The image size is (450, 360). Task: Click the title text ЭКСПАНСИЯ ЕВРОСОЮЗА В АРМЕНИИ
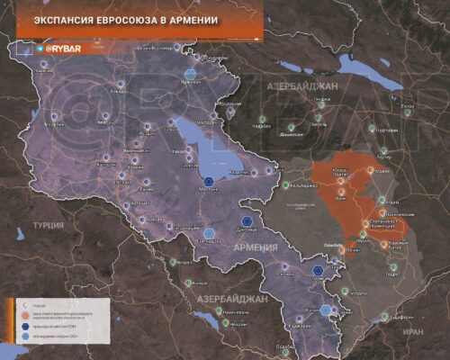click(x=126, y=19)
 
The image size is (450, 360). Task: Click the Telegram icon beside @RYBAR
click(x=40, y=49)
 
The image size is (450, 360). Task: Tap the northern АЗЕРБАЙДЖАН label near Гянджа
click(x=301, y=85)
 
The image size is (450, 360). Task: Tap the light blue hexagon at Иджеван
click(x=192, y=75)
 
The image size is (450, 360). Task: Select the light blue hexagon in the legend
click(x=11, y=334)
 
